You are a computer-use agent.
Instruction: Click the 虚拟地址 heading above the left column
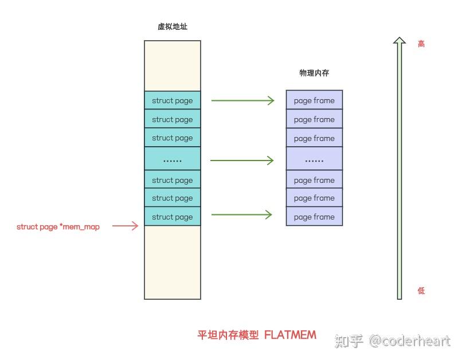[173, 26]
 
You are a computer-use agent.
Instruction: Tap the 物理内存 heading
[314, 73]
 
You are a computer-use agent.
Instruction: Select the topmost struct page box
[173, 101]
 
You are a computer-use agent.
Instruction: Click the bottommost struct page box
[173, 217]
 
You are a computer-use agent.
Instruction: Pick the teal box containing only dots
[173, 160]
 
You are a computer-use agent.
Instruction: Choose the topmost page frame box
[314, 101]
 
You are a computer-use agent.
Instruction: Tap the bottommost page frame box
[314, 217]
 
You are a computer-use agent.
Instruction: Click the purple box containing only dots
[314, 160]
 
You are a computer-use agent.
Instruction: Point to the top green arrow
[243, 101]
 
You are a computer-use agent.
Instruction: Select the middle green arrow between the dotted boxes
[243, 160]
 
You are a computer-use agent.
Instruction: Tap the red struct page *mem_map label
[58, 227]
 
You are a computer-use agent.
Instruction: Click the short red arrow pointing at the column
[126, 226]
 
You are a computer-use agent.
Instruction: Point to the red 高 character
[421, 44]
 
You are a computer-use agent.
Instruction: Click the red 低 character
[421, 291]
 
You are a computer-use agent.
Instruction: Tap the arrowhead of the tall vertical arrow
[400, 41]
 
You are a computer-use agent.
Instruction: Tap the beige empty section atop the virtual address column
[173, 65]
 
